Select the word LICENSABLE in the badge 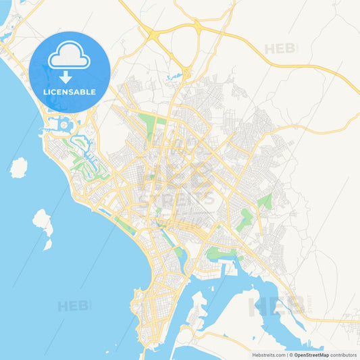[x=70, y=91]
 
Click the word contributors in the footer [x=344, y=355]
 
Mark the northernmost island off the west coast [x=19, y=167]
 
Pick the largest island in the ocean [x=43, y=224]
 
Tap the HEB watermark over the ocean [x=74, y=306]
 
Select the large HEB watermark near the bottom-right [x=277, y=305]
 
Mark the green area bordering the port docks [x=220, y=253]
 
